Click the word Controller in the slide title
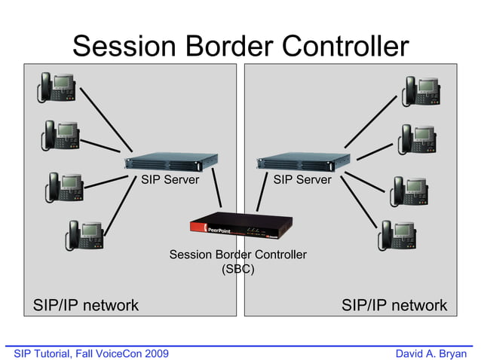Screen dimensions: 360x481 [x=339, y=46]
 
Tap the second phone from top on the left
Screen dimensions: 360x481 [x=60, y=136]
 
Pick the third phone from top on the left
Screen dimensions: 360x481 [x=65, y=186]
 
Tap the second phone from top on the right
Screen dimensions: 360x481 [x=418, y=139]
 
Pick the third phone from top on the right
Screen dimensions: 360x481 [x=410, y=190]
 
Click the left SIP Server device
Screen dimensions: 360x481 [x=171, y=161]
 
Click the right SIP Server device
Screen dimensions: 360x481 [x=303, y=161]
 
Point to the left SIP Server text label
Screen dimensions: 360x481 [x=170, y=180]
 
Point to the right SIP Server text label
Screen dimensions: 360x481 [x=302, y=180]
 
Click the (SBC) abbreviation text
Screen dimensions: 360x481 [x=237, y=269]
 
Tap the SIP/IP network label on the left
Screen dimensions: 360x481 [x=85, y=305]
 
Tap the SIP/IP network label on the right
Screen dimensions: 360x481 [x=394, y=305]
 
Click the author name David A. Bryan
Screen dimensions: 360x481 [x=431, y=353]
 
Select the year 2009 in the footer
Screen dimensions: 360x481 [x=156, y=353]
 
